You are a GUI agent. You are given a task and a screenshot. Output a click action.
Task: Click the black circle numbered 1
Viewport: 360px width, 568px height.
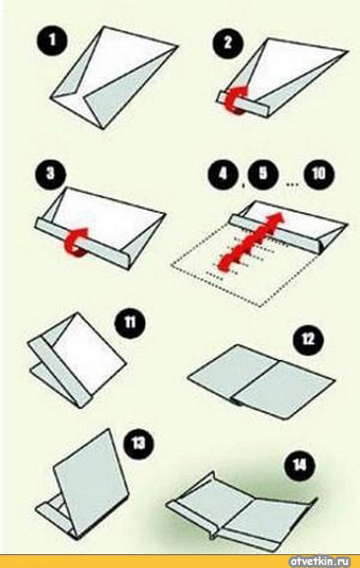(x=52, y=39)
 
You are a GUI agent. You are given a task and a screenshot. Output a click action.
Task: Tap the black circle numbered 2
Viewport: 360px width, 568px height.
(x=228, y=42)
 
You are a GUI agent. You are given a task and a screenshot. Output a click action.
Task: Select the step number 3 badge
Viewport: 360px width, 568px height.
(x=50, y=174)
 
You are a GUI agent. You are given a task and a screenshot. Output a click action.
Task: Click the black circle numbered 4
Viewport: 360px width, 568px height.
(x=223, y=174)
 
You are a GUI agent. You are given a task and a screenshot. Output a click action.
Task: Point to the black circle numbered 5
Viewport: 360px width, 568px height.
(x=263, y=174)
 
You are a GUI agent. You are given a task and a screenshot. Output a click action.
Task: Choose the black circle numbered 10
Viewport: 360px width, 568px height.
(x=319, y=174)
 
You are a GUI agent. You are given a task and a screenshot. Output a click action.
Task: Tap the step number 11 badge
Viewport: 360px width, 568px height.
(x=130, y=321)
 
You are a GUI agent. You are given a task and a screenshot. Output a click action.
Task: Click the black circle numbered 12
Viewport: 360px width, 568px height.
(x=308, y=339)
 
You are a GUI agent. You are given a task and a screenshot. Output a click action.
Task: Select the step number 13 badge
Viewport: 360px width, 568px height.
(x=138, y=443)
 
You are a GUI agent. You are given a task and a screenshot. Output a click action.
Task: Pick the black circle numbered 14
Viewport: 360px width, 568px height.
(x=300, y=465)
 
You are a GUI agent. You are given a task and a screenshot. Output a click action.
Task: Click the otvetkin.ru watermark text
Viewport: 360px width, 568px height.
(x=320, y=561)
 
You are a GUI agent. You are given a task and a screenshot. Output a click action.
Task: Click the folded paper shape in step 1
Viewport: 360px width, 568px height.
(x=113, y=78)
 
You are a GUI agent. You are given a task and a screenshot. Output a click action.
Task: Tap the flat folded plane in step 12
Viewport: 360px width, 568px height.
(x=260, y=383)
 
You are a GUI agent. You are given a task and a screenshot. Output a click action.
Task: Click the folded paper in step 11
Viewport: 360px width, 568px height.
(x=77, y=361)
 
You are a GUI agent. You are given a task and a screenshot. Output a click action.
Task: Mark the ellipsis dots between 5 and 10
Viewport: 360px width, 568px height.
(x=292, y=184)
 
